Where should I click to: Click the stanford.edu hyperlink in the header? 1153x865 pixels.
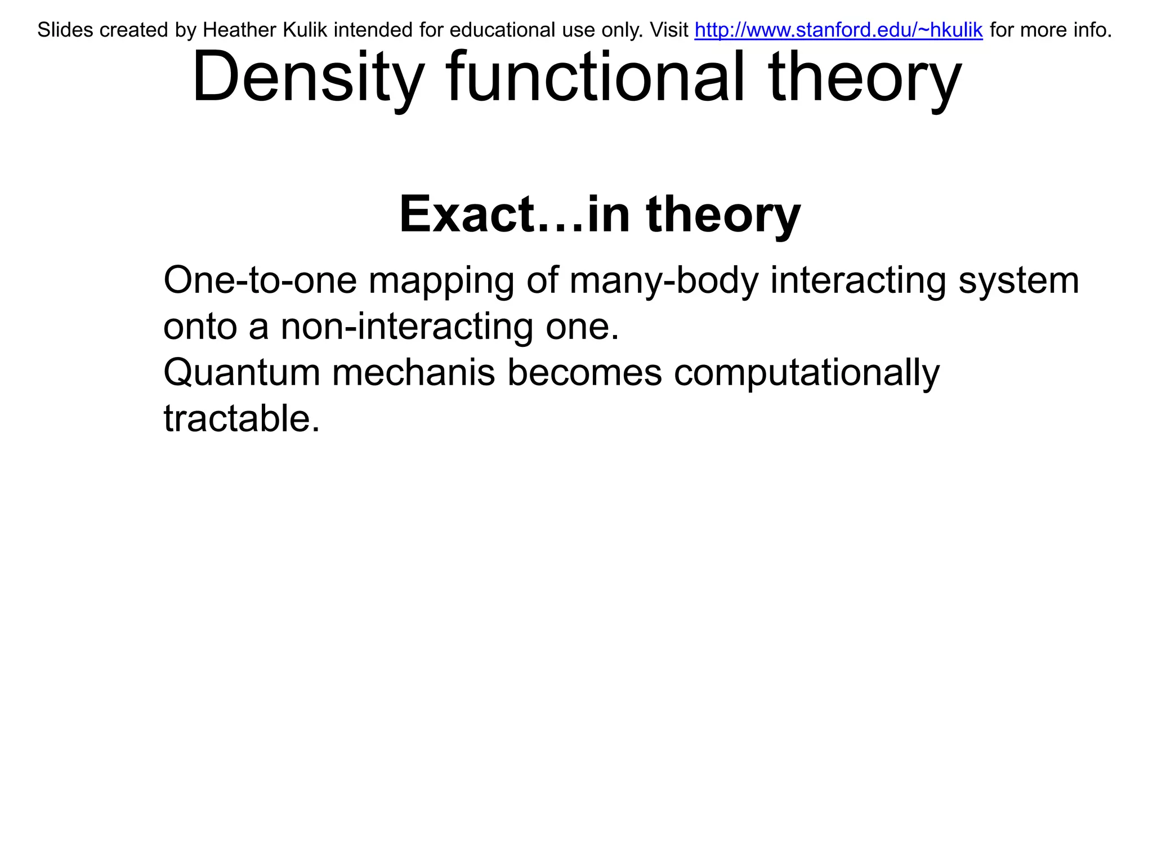click(x=838, y=30)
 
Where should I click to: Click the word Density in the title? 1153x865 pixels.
click(x=307, y=77)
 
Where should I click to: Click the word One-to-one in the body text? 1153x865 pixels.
click(x=260, y=280)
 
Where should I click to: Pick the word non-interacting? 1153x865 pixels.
click(x=406, y=327)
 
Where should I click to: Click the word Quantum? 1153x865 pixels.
click(x=242, y=373)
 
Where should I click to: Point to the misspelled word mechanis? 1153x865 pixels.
click(x=413, y=373)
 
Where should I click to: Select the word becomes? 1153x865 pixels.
click(x=584, y=373)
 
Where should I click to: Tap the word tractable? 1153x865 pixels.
click(x=242, y=419)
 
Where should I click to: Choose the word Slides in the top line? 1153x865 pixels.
click(x=65, y=30)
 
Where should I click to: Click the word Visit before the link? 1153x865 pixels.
click(x=669, y=30)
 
